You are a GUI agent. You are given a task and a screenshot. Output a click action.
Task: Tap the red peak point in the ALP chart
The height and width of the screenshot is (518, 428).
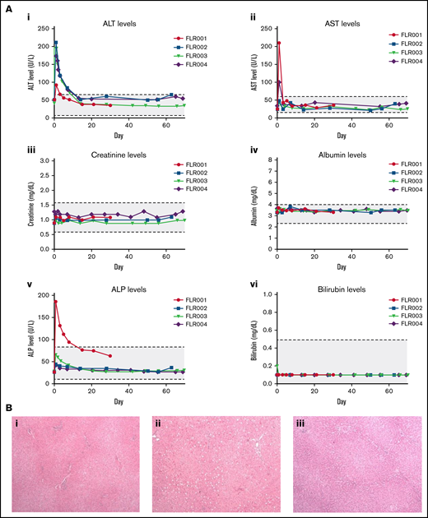[55, 302]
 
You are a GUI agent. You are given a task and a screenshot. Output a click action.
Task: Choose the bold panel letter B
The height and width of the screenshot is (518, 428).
[10, 406]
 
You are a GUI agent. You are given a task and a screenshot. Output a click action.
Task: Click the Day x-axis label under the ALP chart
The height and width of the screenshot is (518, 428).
[118, 398]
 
